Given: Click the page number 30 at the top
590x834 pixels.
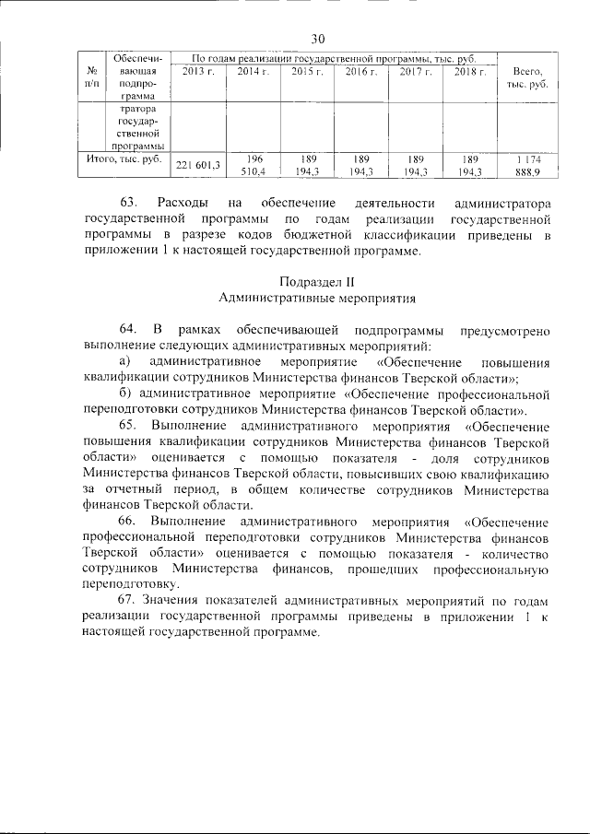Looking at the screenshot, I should [319, 39].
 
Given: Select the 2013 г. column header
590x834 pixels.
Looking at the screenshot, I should [198, 72].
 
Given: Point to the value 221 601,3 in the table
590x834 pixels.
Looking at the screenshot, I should [198, 165].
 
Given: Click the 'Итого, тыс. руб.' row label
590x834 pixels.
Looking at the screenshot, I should [123, 159].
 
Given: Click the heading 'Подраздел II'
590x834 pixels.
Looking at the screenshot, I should [318, 280].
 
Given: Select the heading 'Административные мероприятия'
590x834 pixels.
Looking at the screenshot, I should [318, 298].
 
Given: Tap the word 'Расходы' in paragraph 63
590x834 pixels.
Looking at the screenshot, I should [182, 202].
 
